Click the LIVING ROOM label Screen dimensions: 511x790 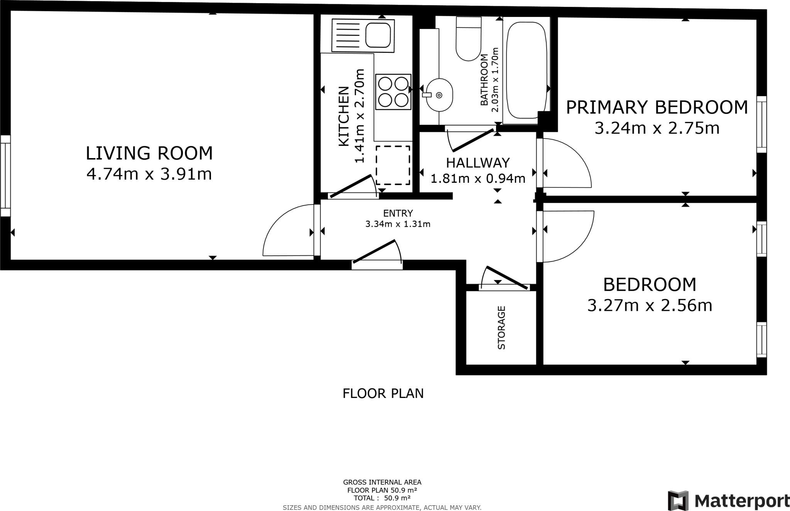pos(149,153)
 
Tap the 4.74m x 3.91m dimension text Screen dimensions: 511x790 pos(149,174)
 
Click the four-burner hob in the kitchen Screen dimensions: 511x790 pos(393,92)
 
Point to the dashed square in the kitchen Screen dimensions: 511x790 pos(393,165)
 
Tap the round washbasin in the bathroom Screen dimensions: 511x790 pos(439,95)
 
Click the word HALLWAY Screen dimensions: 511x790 pos(478,163)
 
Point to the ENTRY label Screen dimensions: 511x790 pos(398,213)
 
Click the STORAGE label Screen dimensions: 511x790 pos(501,327)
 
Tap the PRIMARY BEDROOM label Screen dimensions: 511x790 pos(657,107)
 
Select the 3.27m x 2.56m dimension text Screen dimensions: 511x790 pos(650,305)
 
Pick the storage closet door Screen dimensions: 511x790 pos(506,278)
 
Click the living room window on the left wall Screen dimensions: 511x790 pos(5,175)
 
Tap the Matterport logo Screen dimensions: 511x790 pos(728,501)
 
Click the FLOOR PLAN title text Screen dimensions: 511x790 pos(383,393)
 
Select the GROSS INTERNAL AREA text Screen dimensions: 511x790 pos(382,482)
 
